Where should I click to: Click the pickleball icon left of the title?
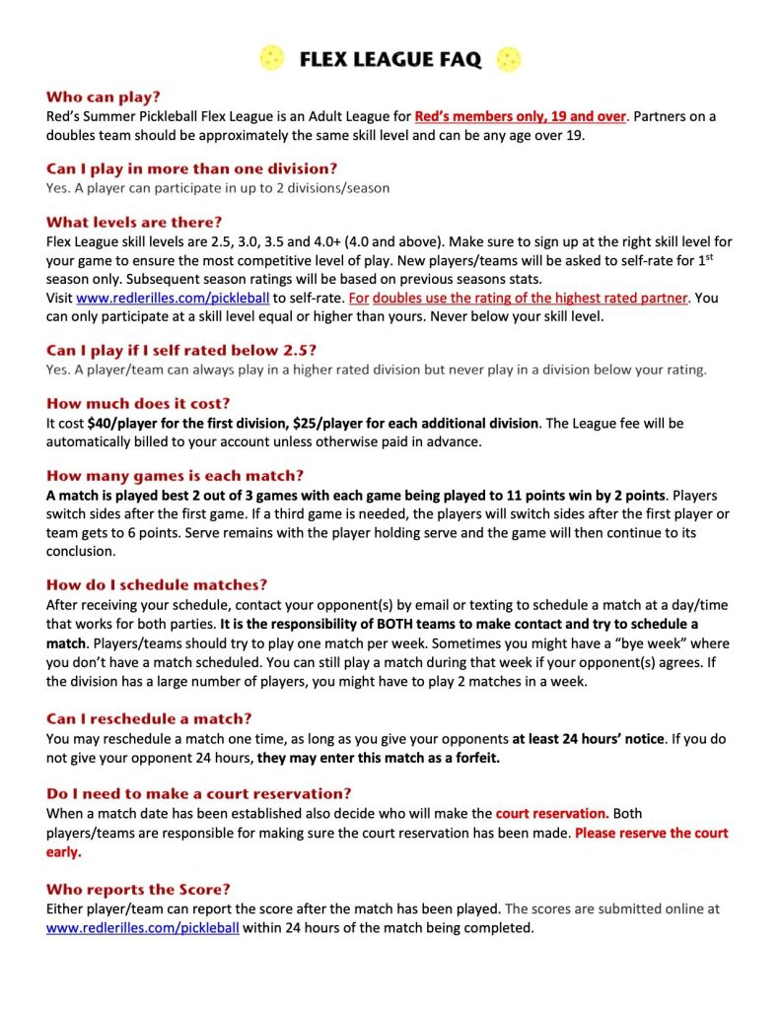pos(271,59)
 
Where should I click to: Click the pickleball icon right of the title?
pos(509,59)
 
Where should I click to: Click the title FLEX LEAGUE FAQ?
pos(390,60)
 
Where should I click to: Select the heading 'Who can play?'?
pos(103,98)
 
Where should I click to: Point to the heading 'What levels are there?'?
pos(134,222)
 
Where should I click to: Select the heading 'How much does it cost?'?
pos(139,403)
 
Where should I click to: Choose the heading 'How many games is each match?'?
pos(176,475)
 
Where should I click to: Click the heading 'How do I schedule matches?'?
pos(157,584)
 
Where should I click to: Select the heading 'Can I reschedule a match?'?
pos(152,718)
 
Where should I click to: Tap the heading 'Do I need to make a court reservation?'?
pos(199,793)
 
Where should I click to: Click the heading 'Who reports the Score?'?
pos(138,889)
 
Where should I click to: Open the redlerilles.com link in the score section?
pos(142,927)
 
